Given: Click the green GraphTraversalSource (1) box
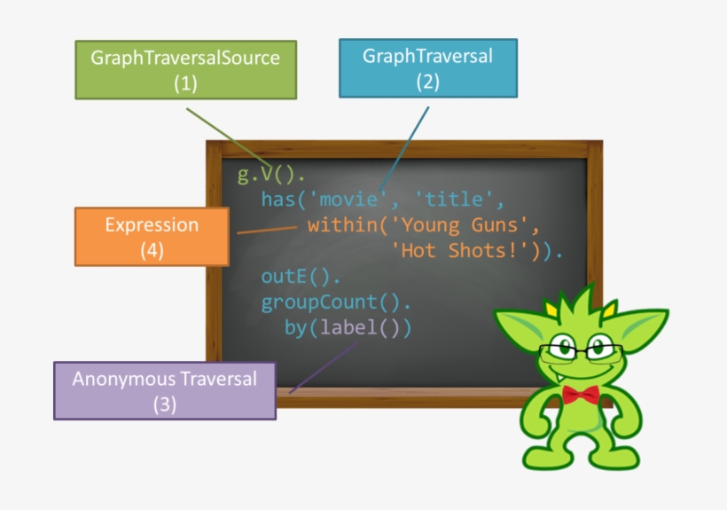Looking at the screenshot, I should [185, 71].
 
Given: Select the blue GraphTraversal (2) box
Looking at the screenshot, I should [427, 68].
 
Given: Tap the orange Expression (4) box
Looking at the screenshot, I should [152, 236].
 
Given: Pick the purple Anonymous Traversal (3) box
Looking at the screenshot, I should [164, 390].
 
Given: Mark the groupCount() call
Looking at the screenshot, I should [334, 302].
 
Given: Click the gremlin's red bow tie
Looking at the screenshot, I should [582, 394].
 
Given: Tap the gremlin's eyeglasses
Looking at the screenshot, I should [582, 350].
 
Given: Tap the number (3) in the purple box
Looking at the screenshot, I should [165, 404].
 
